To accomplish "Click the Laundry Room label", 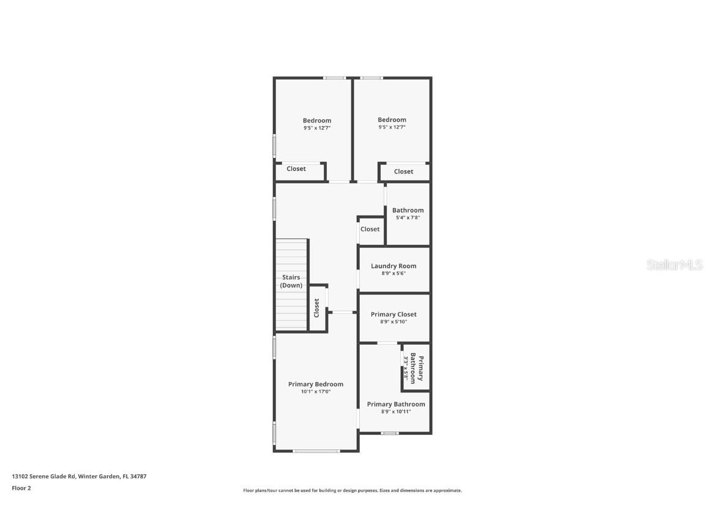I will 394,266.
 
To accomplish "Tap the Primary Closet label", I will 394,315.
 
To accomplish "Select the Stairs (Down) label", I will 291,281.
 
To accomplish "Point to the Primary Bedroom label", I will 316,385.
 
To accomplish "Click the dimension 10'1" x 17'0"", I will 316,392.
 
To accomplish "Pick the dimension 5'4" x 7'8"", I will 408,217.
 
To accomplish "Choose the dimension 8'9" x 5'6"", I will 394,273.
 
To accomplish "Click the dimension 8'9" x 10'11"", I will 396,411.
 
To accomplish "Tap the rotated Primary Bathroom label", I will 417,368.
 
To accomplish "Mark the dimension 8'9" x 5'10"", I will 394,321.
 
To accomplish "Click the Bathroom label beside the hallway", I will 408,211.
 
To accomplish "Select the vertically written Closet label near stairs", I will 317,307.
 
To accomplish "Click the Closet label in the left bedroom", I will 296,169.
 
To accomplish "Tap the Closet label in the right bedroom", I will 403,171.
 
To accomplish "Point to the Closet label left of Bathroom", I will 370,229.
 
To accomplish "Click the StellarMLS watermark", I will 674,265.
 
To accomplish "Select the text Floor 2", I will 21,488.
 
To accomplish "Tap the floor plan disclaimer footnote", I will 352,490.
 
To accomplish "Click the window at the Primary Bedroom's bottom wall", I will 316,451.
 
